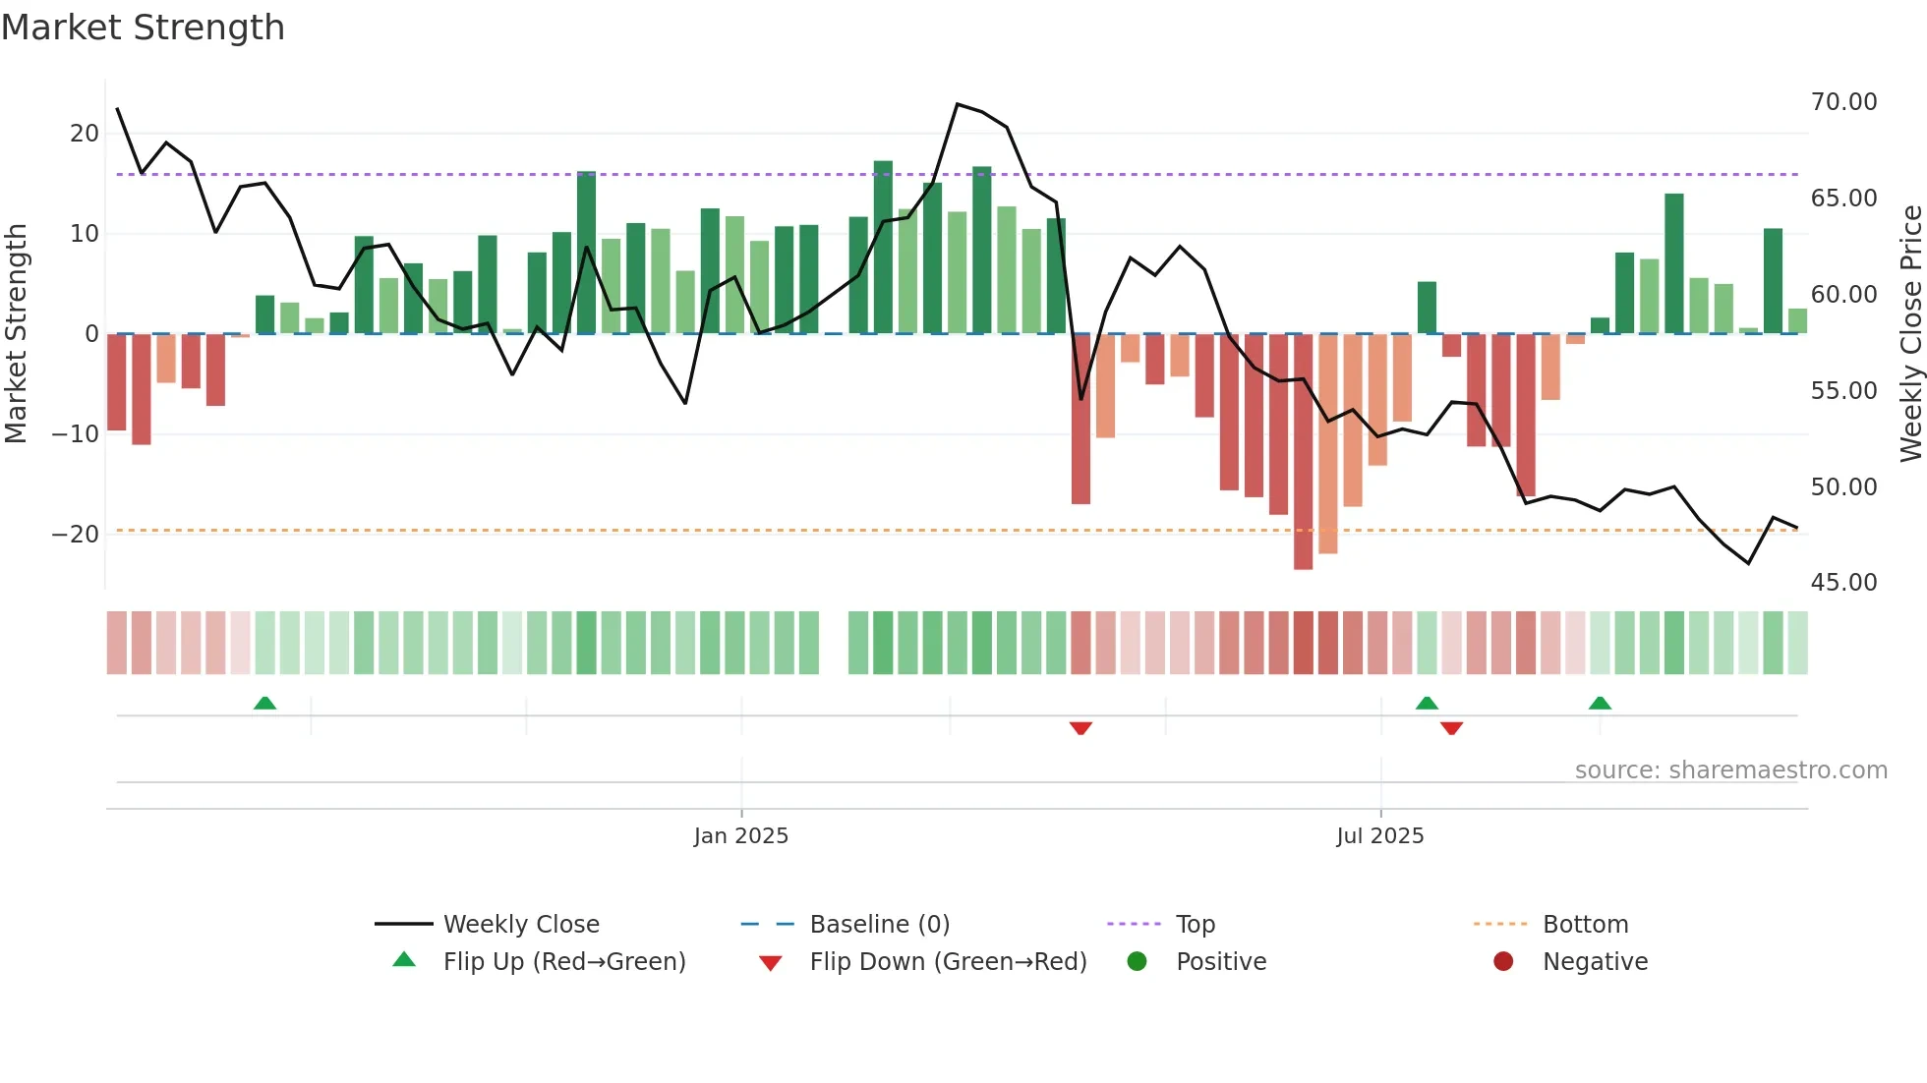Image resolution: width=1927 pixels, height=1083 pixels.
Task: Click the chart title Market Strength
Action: coord(143,28)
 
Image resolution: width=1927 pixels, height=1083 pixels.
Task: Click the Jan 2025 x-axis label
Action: coord(740,835)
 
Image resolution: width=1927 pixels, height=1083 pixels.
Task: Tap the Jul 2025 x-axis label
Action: coord(1379,835)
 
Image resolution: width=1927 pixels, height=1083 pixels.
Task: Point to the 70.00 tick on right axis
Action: coord(1843,102)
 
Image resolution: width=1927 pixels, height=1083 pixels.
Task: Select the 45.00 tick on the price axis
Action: coord(1843,583)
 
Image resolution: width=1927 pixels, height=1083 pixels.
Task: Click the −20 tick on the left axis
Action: coord(76,535)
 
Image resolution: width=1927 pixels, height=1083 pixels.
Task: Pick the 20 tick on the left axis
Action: coord(85,134)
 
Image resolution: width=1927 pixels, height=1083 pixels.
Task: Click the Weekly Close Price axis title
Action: coord(1910,333)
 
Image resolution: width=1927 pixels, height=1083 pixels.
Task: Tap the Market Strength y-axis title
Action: coord(16,333)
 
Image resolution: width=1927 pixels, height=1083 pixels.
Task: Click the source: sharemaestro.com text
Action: coord(1730,770)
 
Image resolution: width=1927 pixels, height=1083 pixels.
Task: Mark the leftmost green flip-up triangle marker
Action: coord(264,704)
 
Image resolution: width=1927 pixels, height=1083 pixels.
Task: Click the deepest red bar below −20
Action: coord(1303,452)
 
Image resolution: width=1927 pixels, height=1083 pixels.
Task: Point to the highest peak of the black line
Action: coord(957,104)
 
